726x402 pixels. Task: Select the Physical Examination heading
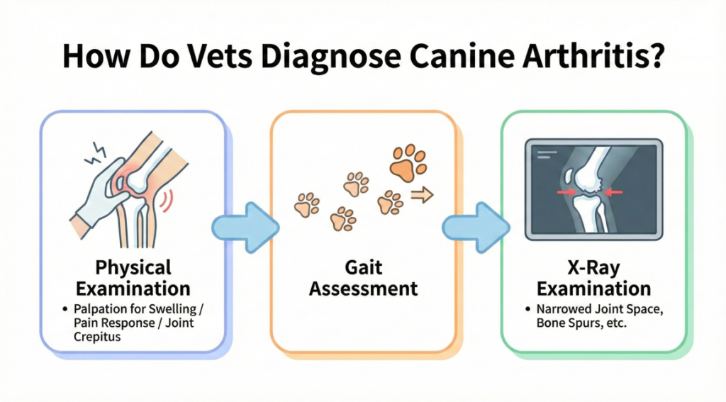133,278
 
